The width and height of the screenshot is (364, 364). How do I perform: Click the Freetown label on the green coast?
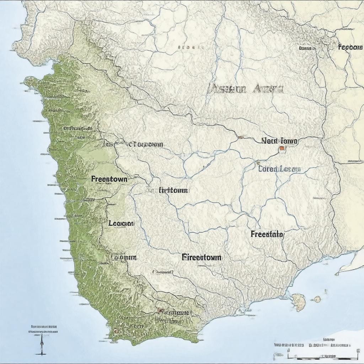point(109,179)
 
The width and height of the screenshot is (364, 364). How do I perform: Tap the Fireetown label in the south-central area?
point(202,257)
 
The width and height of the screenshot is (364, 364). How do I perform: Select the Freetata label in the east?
point(267,234)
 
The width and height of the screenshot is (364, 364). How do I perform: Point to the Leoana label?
point(121,223)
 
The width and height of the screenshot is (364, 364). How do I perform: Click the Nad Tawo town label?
point(279,141)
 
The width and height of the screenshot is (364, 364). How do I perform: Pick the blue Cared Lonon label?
point(279,169)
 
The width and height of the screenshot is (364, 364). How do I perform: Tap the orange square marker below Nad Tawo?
point(282,148)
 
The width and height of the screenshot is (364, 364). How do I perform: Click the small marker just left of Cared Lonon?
point(257,163)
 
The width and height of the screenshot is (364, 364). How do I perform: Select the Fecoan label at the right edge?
point(350,47)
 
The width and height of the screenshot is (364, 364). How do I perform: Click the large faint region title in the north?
point(245,89)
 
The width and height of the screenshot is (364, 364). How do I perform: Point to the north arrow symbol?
point(41,343)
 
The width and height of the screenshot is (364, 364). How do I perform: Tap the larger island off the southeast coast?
point(299,302)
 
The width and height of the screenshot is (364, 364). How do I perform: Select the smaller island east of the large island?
point(316,299)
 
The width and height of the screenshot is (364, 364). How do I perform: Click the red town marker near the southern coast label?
point(160,311)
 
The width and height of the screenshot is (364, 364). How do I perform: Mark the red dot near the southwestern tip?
point(115,331)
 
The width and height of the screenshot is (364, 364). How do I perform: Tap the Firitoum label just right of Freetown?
point(172,190)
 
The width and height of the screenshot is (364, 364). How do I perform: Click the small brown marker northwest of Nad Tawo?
point(241,136)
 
